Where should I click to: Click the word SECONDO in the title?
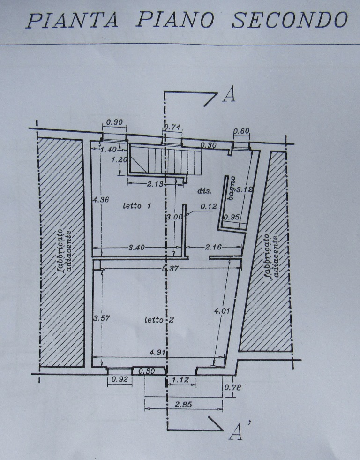[290, 20]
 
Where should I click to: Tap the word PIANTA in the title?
[72, 20]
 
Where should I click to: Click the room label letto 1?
[136, 205]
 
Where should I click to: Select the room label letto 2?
[159, 319]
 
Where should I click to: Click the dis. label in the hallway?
[204, 191]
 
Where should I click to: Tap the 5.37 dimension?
[170, 268]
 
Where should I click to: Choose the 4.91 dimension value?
[157, 352]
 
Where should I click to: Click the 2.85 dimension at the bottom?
[183, 405]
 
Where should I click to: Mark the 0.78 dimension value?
[232, 387]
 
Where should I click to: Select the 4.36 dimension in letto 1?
[101, 199]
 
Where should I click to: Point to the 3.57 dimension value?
[101, 318]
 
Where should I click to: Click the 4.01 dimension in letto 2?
[222, 310]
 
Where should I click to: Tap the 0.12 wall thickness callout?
[209, 206]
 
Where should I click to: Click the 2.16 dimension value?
[213, 247]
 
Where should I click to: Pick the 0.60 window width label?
[241, 131]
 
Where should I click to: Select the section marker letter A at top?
[229, 95]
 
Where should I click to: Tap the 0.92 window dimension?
[120, 379]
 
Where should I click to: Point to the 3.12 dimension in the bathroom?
[245, 189]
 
